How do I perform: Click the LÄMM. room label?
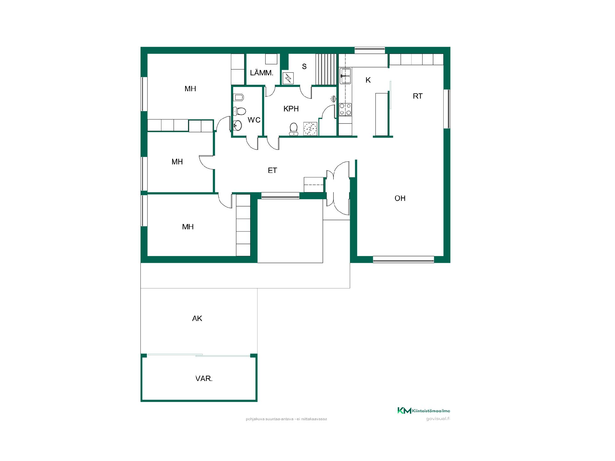pos(262,73)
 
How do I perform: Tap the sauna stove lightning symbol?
pos(288,78)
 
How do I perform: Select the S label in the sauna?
pos(304,67)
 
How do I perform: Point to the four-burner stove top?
pos(345,109)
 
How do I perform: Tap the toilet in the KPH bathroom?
pos(293,129)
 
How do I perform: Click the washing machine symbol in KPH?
pos(310,129)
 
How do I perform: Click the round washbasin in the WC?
pos(237,125)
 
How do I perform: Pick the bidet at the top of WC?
pos(238,97)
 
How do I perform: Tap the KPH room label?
pos(291,109)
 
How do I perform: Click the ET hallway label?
pos(272,170)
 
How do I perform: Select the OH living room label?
pos(400,198)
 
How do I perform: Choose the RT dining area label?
pos(418,96)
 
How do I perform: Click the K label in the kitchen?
pos(368,80)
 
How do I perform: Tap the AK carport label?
pos(197,319)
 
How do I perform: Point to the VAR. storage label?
pos(204,379)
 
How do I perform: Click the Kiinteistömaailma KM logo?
pos(423,411)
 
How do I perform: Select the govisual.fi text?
pos(438,419)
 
